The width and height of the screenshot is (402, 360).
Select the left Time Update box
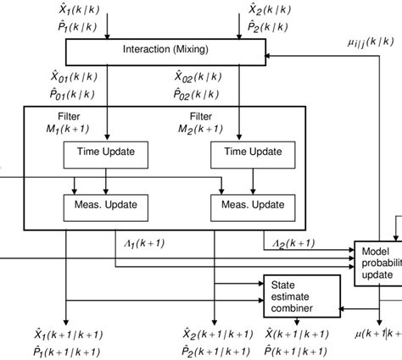(x=105, y=152)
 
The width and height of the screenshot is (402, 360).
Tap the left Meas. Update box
(x=105, y=206)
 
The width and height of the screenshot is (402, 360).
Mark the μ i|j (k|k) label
(x=369, y=40)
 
